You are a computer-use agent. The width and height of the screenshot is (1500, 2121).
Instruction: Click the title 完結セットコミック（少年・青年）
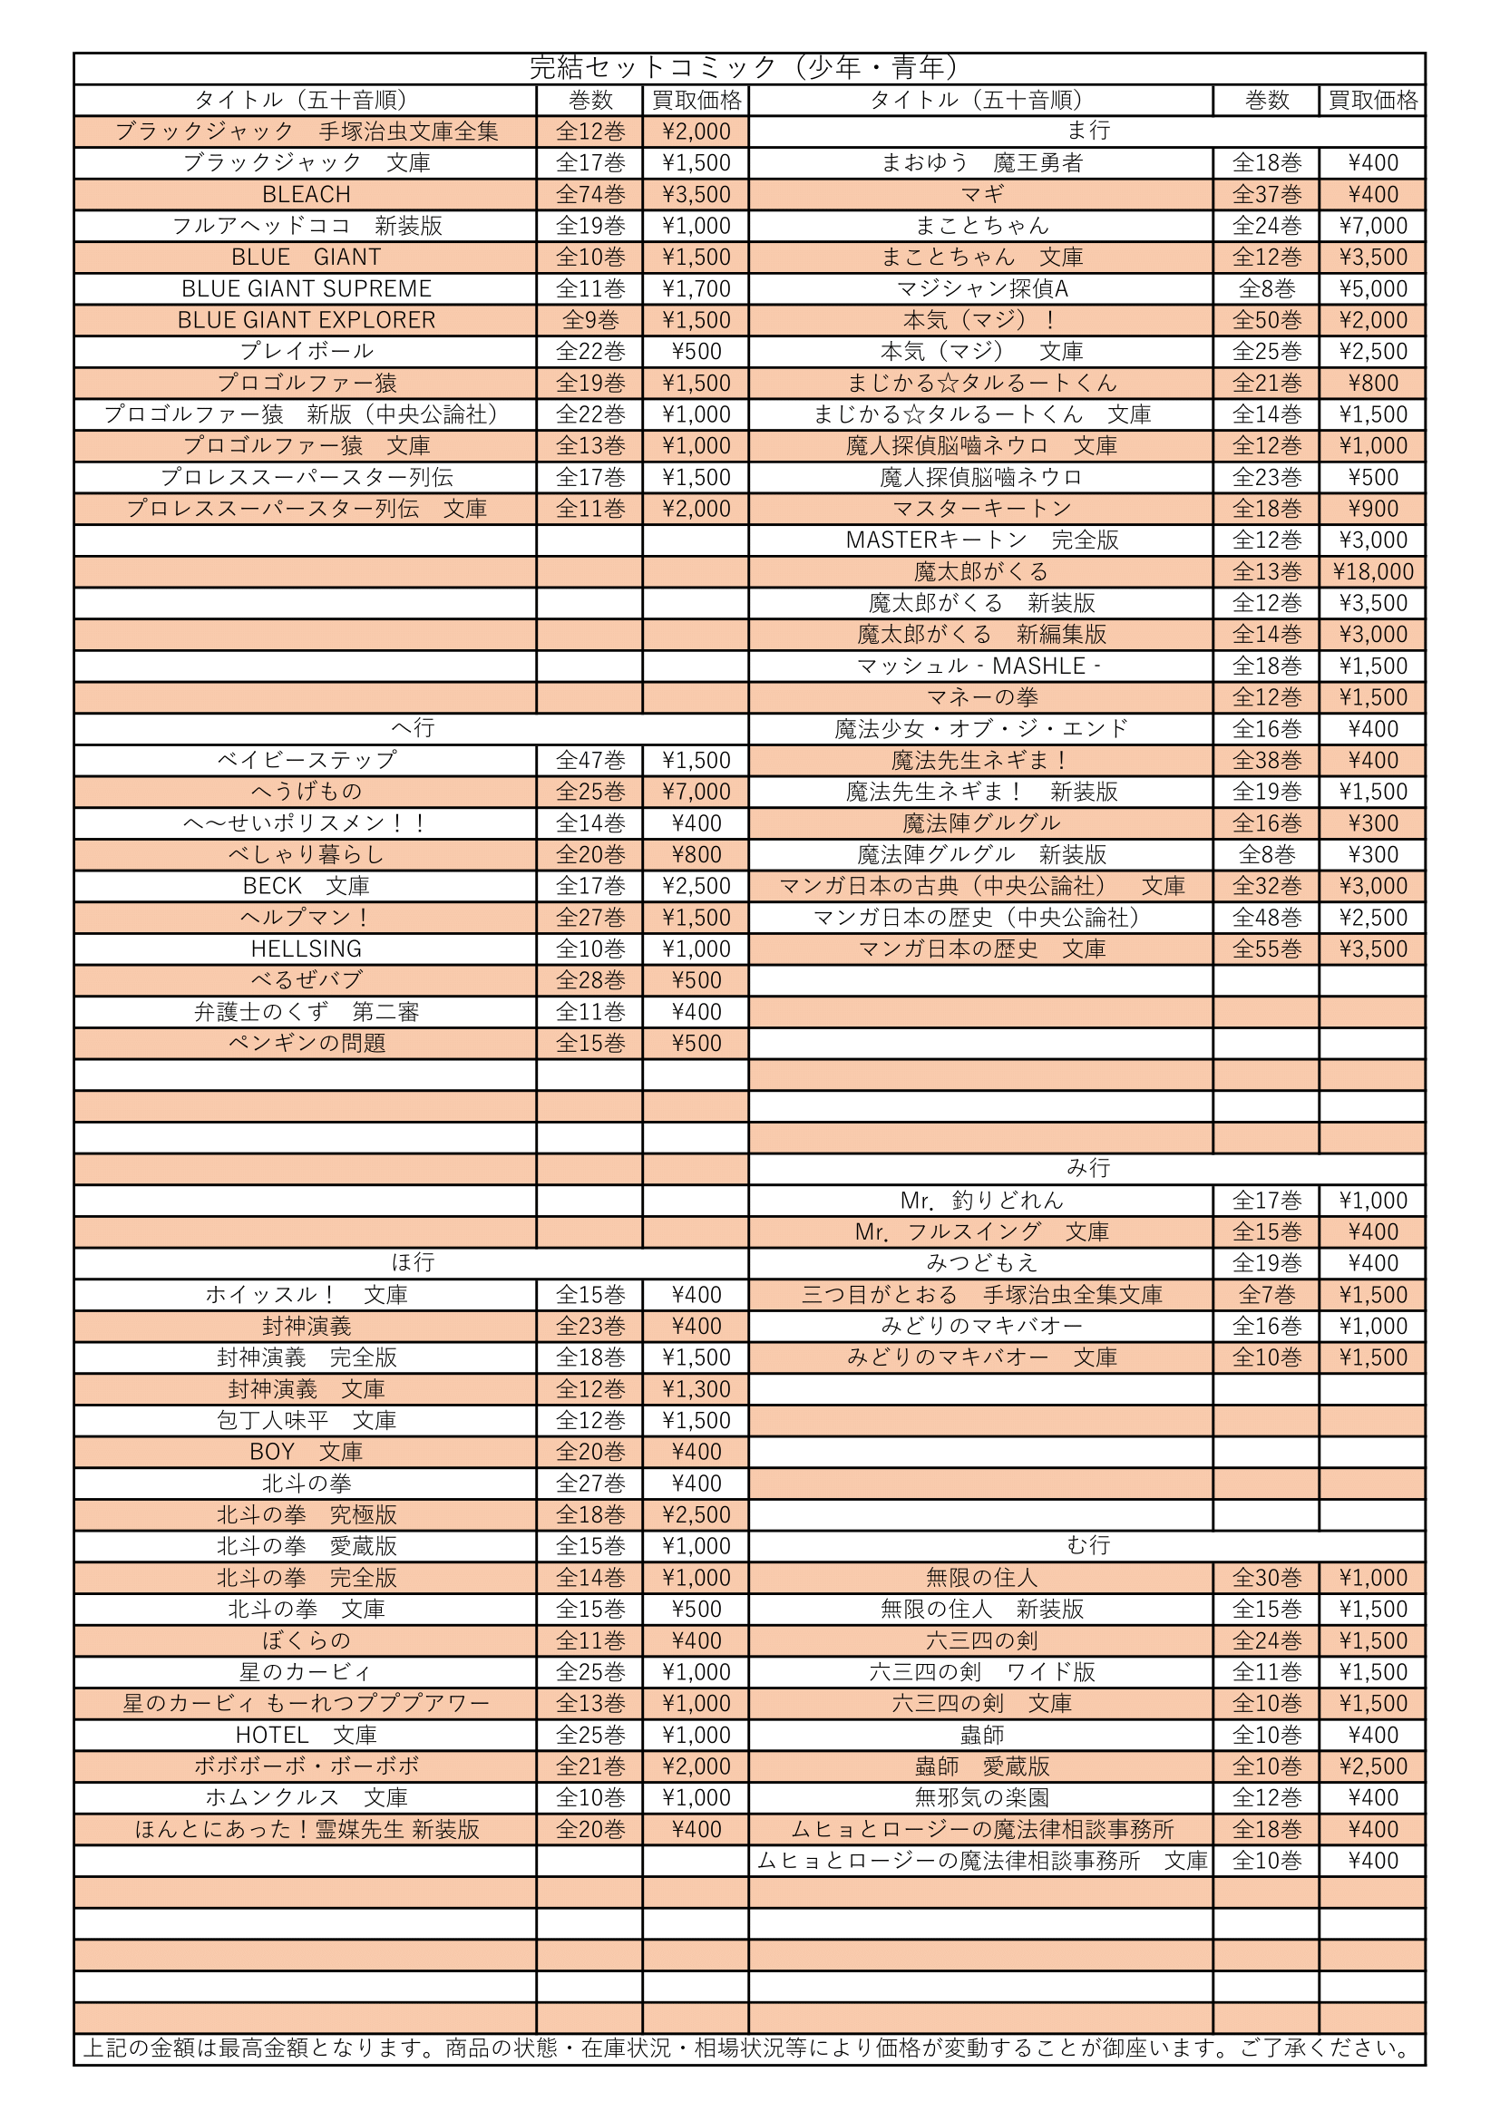tap(748, 67)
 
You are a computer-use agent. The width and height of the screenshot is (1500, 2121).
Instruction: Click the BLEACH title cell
tap(306, 195)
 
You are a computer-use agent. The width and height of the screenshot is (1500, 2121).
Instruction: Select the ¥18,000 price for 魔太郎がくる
tap(1372, 572)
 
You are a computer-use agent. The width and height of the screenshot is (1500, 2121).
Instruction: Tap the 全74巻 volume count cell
tap(590, 195)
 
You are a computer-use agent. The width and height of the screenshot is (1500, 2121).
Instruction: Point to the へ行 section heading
tap(412, 728)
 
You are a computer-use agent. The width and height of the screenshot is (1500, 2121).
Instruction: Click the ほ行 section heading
tap(412, 1262)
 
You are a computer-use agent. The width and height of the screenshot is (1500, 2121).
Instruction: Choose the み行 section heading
tap(1087, 1168)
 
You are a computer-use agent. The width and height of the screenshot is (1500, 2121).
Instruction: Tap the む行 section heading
tap(1087, 1544)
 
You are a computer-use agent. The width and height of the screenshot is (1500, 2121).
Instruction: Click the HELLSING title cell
tap(306, 949)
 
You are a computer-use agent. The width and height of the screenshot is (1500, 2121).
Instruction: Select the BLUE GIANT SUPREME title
tap(306, 289)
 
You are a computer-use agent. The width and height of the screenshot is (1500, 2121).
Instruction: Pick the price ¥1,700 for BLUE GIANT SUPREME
tap(696, 289)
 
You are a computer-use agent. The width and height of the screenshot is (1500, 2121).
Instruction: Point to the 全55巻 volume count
tap(1266, 949)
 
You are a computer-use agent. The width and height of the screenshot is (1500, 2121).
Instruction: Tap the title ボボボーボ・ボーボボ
tap(306, 1766)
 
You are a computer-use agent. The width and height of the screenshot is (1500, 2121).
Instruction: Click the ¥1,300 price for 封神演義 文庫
tap(696, 1388)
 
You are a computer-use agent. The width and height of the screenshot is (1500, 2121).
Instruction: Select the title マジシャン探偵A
tap(982, 289)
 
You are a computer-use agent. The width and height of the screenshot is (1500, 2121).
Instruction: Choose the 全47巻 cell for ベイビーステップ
tap(590, 760)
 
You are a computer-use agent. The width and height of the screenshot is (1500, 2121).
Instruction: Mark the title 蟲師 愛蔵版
tap(982, 1766)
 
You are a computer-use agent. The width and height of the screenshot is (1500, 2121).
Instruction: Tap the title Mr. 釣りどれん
tap(982, 1200)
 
